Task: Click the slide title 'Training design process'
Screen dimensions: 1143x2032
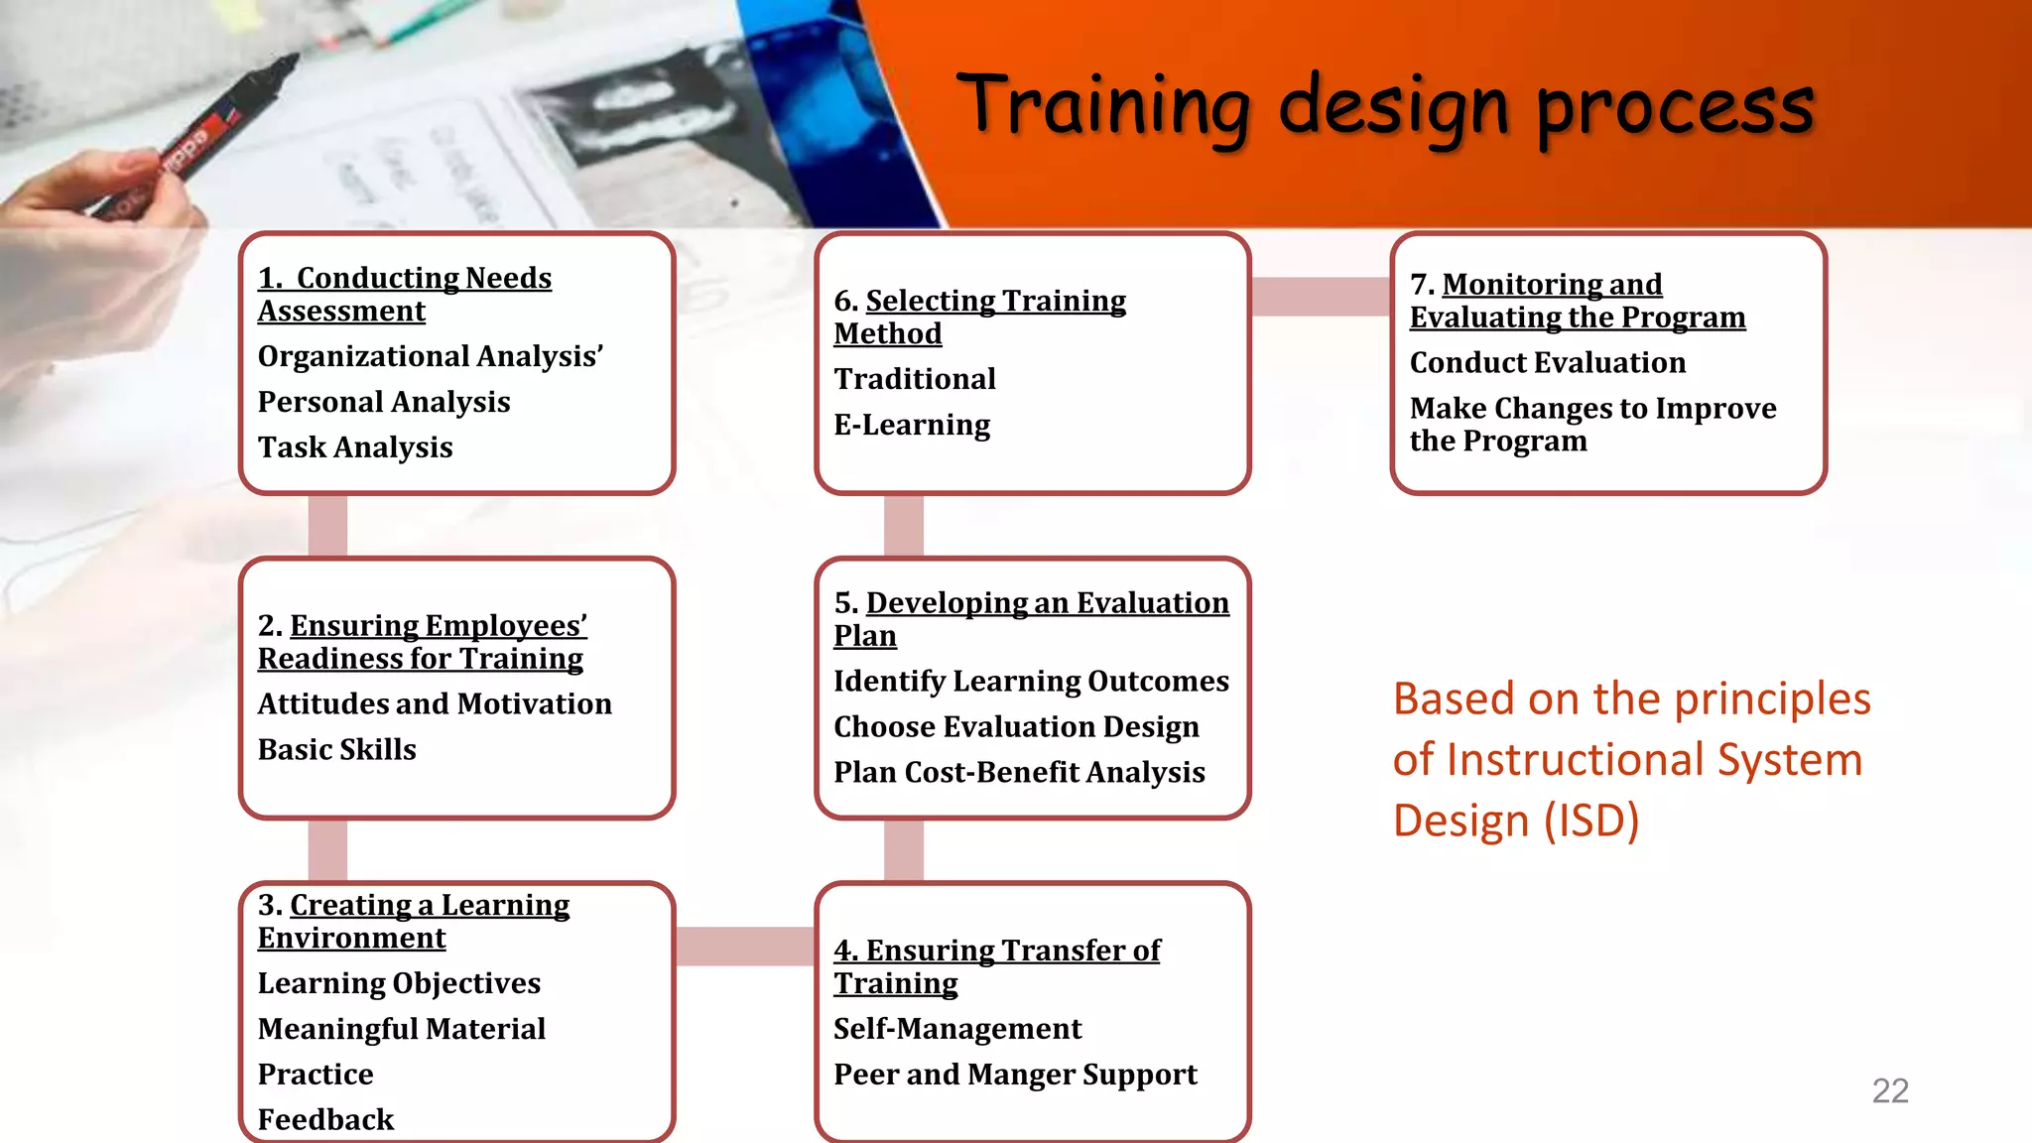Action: click(1385, 107)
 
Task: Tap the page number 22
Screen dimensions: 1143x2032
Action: click(1889, 1090)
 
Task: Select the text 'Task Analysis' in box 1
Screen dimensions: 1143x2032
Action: click(354, 447)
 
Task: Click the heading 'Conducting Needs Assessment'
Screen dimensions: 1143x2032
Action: click(404, 294)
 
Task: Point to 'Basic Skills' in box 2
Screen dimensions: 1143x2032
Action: click(336, 749)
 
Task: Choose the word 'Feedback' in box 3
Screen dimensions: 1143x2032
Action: click(325, 1119)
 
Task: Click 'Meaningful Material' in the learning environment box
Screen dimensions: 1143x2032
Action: click(401, 1029)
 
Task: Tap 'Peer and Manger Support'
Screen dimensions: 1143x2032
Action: click(1014, 1075)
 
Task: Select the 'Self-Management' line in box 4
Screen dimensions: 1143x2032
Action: click(956, 1029)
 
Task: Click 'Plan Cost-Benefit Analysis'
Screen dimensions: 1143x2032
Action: click(1018, 772)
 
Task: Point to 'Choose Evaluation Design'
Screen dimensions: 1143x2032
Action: click(1015, 726)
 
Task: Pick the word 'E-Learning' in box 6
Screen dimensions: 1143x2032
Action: click(911, 425)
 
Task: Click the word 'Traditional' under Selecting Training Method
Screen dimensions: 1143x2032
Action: click(914, 379)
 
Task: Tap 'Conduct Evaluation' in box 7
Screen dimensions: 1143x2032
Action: click(1547, 363)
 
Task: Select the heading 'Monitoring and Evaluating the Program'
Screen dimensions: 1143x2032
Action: click(1577, 301)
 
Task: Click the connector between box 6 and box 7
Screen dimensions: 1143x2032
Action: click(1320, 296)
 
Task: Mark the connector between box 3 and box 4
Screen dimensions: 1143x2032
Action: click(744, 946)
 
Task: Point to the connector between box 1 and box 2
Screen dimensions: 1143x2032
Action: click(327, 526)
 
